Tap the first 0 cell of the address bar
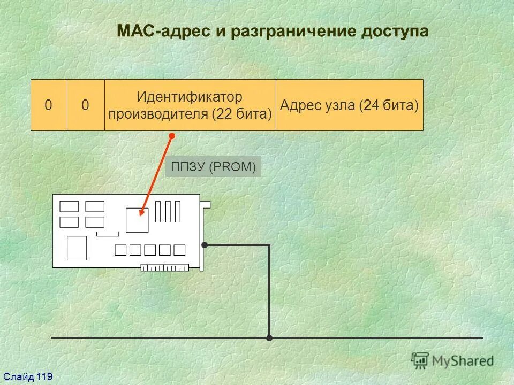(x=49, y=105)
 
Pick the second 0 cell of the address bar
(x=86, y=105)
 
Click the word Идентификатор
(x=190, y=97)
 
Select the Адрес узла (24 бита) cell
(x=349, y=105)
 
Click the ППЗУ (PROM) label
(x=214, y=167)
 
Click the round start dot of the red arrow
(x=172, y=136)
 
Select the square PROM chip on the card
(x=137, y=220)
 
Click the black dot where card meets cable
(x=205, y=245)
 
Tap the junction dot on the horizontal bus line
(x=269, y=338)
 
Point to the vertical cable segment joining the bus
(x=269, y=291)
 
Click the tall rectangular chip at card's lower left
(x=77, y=248)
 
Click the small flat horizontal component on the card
(x=107, y=234)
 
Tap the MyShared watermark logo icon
(x=420, y=360)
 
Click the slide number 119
(x=44, y=378)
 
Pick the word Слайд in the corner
(x=19, y=378)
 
